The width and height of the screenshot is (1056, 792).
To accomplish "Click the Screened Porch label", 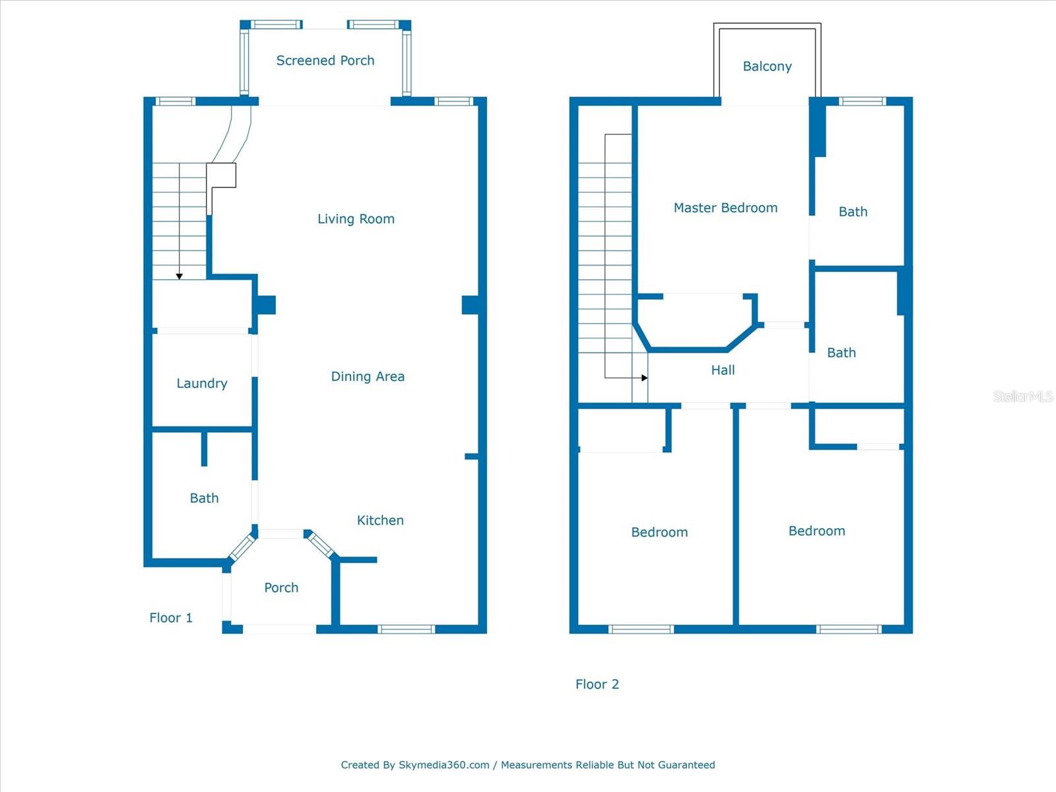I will pos(325,61).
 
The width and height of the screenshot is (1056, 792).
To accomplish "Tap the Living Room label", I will pos(356,219).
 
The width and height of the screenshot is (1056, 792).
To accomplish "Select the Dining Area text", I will pos(368,377).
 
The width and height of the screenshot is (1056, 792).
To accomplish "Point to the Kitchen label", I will pos(380,521).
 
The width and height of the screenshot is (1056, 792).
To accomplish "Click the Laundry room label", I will pos(202,383).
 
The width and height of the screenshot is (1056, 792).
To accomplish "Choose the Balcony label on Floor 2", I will pos(767,67).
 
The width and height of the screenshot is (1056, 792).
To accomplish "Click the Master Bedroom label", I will pos(725,208).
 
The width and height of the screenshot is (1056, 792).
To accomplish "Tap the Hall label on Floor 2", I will pos(723,370).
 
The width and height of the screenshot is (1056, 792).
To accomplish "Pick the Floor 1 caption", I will pos(171,618).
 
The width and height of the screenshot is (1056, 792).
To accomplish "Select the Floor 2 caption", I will pos(597,684).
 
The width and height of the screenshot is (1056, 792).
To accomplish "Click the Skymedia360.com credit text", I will pos(444,765).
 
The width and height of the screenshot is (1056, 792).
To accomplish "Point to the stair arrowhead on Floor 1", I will pos(179,277).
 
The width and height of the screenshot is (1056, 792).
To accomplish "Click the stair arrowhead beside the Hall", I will pos(644,378).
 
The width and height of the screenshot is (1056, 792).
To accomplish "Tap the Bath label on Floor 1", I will pos(204,498).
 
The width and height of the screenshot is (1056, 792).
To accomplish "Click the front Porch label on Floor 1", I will pos(281,588).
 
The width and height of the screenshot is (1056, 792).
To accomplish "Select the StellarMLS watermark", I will pos(1022,396).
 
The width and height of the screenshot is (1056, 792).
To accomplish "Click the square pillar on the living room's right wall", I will pos(470,305).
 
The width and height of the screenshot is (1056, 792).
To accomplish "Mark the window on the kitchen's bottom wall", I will pos(406,629).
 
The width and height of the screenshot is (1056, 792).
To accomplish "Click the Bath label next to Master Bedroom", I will pos(853,212).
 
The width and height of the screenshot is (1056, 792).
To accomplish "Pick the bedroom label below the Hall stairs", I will pos(659,533).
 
